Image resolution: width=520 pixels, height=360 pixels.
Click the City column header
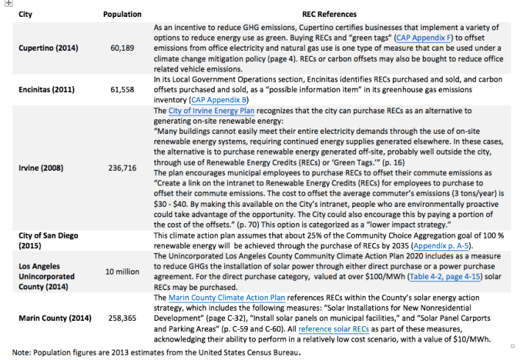click(x=25, y=14)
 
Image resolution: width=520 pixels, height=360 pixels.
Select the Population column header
click(x=122, y=14)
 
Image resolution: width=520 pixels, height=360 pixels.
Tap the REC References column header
click(x=329, y=14)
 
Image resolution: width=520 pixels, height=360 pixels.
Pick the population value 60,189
click(x=122, y=48)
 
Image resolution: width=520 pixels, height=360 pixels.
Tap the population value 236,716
click(x=122, y=168)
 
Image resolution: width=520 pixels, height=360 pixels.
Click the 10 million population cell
click(x=122, y=272)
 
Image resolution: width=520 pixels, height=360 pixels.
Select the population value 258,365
click(x=122, y=319)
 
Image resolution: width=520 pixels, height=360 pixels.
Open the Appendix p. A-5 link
click(x=445, y=245)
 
